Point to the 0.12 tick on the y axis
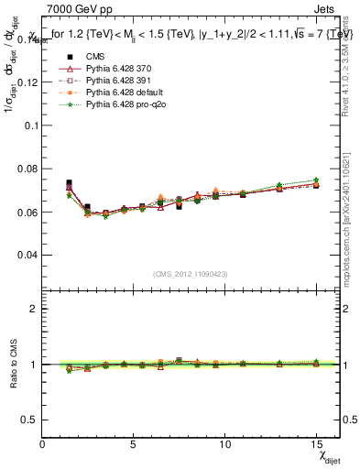pyautogui.click(x=27, y=82)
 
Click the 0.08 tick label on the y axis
pyautogui.click(x=27, y=169)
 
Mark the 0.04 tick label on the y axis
pyautogui.click(x=27, y=255)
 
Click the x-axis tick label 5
pyautogui.click(x=135, y=443)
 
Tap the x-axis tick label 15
pyautogui.click(x=316, y=443)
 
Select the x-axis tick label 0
pyautogui.click(x=43, y=443)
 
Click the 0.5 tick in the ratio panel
pyautogui.click(x=30, y=419)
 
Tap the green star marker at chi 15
pyautogui.click(x=316, y=180)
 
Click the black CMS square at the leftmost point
pyautogui.click(x=69, y=183)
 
